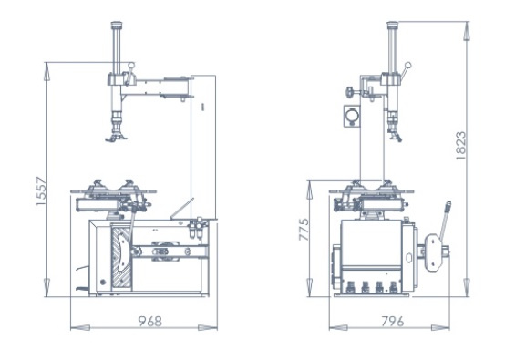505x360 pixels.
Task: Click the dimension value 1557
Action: click(41, 191)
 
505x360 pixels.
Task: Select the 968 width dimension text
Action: click(150, 321)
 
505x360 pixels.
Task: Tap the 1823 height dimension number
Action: click(461, 145)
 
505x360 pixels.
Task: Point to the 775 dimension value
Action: click(304, 230)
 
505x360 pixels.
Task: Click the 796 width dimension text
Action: click(393, 321)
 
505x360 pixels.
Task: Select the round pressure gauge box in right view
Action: click(352, 116)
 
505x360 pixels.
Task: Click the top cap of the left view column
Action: click(117, 25)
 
